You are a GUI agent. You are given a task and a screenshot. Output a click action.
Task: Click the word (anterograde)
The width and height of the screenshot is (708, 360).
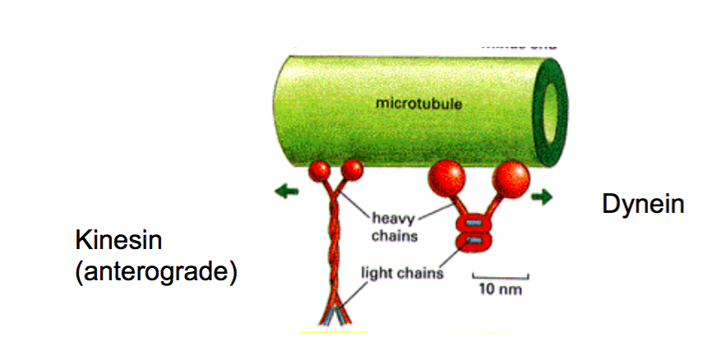155,271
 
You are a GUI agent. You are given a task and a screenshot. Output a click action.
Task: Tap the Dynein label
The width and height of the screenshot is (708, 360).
642,203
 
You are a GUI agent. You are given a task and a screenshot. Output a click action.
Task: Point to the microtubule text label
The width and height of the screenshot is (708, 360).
418,105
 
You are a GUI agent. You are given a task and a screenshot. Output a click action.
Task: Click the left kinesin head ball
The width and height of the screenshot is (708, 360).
319,172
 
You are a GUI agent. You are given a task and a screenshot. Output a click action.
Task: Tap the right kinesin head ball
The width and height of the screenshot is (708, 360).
352,170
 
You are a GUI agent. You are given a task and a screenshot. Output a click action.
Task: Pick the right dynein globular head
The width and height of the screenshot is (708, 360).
509,178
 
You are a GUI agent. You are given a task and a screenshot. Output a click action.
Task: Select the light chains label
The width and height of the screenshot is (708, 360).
403,272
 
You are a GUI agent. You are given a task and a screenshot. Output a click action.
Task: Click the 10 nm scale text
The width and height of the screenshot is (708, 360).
498,290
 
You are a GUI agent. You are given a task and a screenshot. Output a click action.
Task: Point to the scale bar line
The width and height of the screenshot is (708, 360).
499,277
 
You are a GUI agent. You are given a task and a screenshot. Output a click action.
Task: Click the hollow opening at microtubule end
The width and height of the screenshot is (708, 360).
549,106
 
